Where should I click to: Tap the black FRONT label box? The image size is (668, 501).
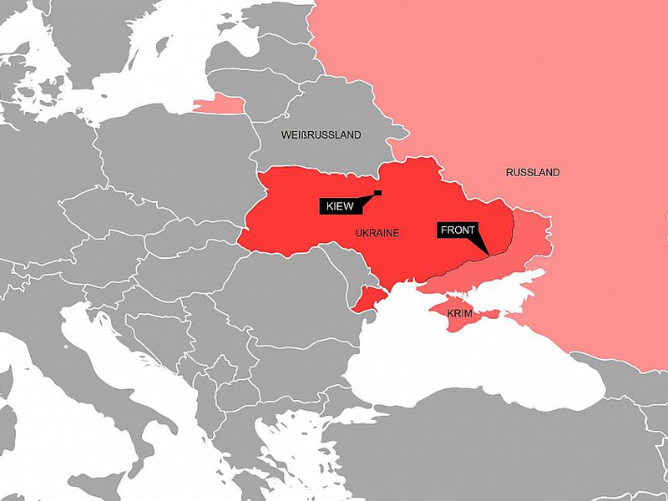point(457,230)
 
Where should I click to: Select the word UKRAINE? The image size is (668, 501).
point(377,233)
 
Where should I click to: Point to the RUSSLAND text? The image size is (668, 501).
point(533,173)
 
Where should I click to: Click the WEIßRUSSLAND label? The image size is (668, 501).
point(321,134)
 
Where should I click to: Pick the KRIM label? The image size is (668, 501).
point(459,314)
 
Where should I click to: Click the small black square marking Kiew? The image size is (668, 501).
point(378,193)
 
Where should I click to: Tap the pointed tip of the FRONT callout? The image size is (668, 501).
point(487,252)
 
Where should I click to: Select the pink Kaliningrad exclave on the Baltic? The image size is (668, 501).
point(220,104)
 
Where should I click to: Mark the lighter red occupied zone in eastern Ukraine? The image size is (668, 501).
point(526,238)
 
